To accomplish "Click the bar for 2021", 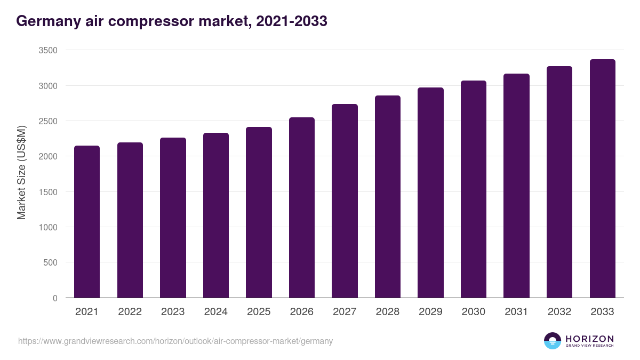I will pyautogui.click(x=87, y=221).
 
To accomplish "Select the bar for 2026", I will pyautogui.click(x=301, y=207).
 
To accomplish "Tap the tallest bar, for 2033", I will pyautogui.click(x=602, y=178).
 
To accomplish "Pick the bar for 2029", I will pyautogui.click(x=430, y=193).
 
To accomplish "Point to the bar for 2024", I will pyautogui.click(x=215, y=215).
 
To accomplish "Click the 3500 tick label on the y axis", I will pyautogui.click(x=47, y=50).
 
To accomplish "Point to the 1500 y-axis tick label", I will pyautogui.click(x=47, y=192).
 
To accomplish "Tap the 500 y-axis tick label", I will pyautogui.click(x=50, y=262).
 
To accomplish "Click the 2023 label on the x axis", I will pyautogui.click(x=173, y=312).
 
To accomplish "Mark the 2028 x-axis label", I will pyautogui.click(x=387, y=312).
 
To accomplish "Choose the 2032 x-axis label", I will pyautogui.click(x=559, y=312).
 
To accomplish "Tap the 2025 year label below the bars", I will pyautogui.click(x=259, y=312).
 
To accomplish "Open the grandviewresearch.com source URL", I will pyautogui.click(x=175, y=341).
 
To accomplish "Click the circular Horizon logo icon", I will pyautogui.click(x=553, y=341).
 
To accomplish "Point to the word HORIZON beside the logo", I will pyautogui.click(x=589, y=338).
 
